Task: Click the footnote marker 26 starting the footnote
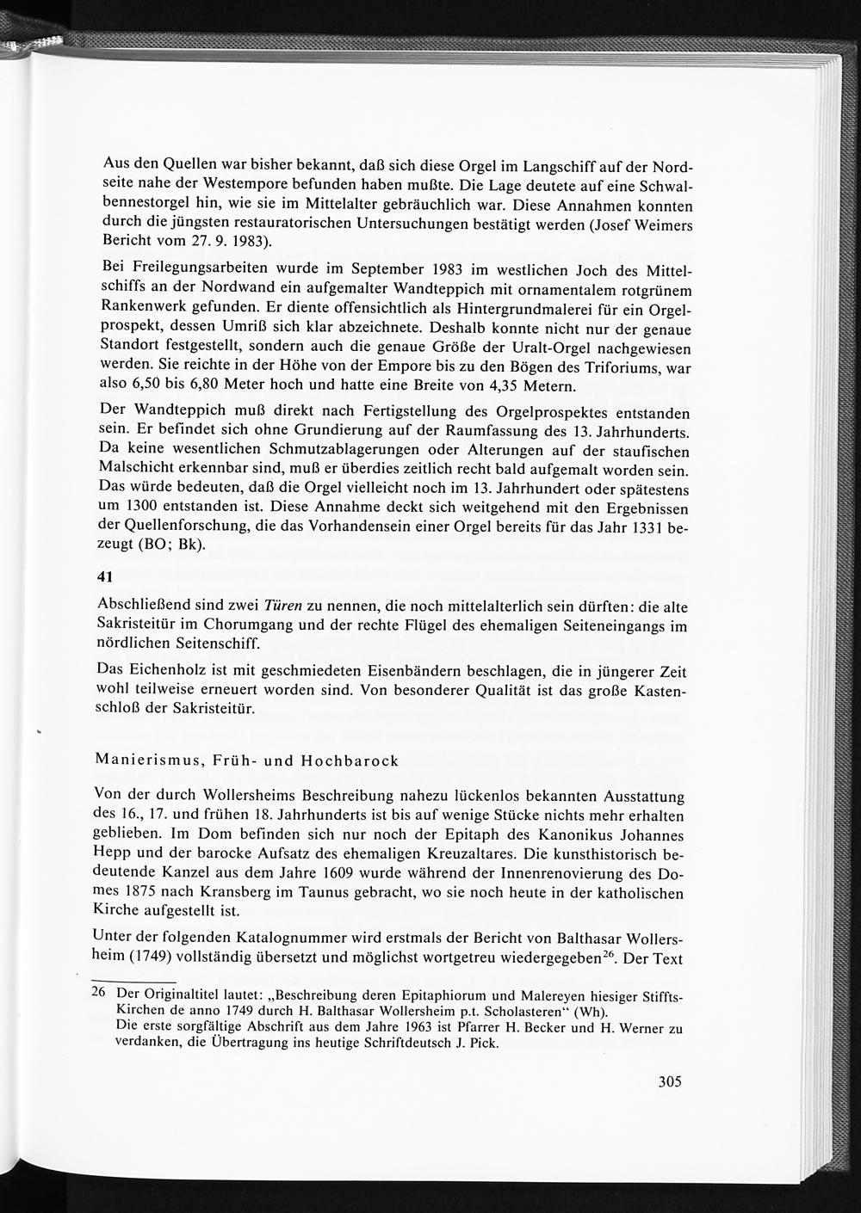click(98, 992)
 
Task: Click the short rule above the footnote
click(133, 981)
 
